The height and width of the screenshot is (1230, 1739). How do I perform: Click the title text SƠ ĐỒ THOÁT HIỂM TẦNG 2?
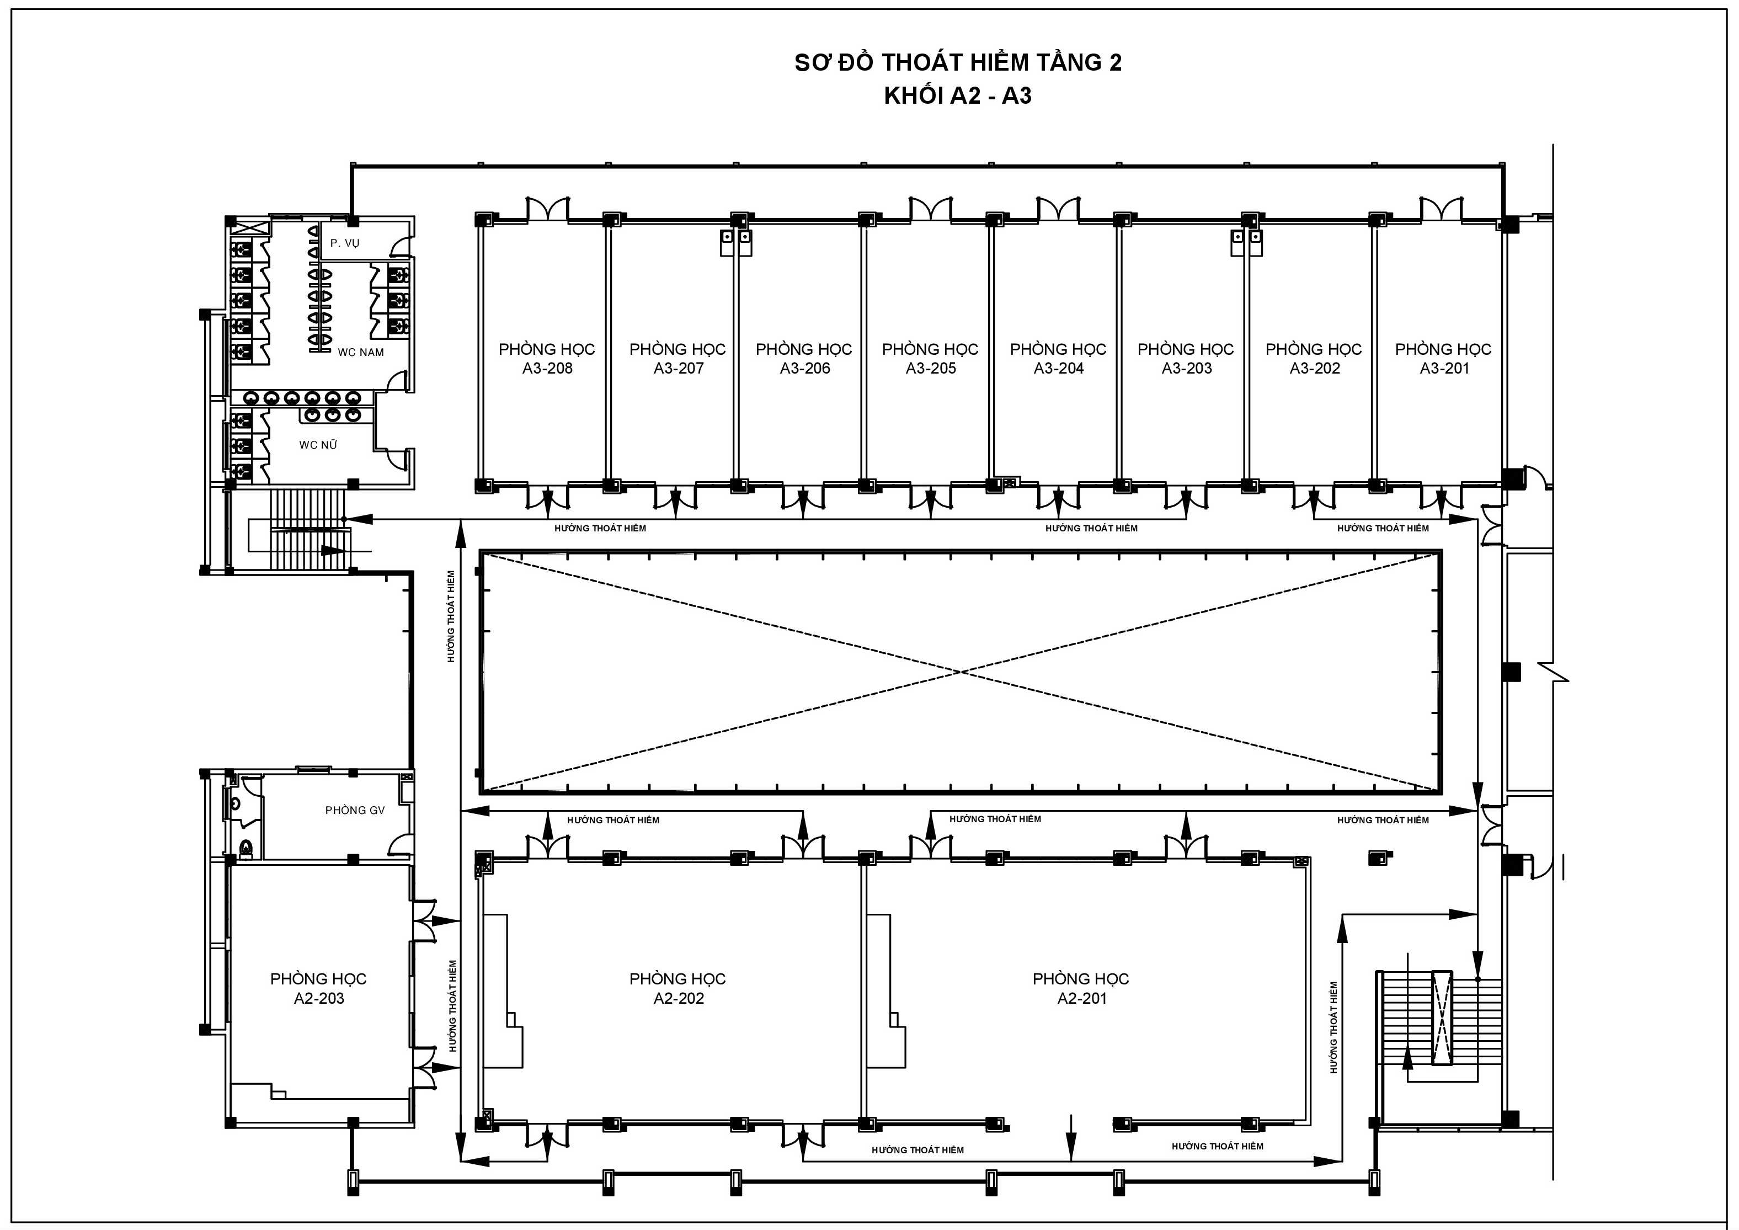(958, 62)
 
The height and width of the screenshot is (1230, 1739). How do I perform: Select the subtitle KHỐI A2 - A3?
(958, 96)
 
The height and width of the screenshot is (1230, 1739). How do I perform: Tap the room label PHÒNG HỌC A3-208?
(547, 358)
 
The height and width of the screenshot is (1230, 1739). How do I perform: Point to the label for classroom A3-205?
(930, 358)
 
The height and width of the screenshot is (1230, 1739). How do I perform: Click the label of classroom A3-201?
(1444, 358)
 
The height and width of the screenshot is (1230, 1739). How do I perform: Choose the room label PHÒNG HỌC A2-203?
(318, 988)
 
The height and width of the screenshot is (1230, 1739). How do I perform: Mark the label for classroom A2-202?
(678, 988)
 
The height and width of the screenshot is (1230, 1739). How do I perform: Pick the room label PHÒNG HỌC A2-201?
(1081, 988)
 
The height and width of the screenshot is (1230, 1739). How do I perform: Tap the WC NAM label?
(360, 352)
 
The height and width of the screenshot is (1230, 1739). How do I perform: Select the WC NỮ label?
(318, 445)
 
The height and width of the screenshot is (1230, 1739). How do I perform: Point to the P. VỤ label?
(345, 243)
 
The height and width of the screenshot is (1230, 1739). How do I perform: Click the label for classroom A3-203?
(1186, 358)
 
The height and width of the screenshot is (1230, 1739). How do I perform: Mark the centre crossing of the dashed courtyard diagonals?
(961, 672)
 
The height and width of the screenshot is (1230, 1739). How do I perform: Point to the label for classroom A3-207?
(678, 358)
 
